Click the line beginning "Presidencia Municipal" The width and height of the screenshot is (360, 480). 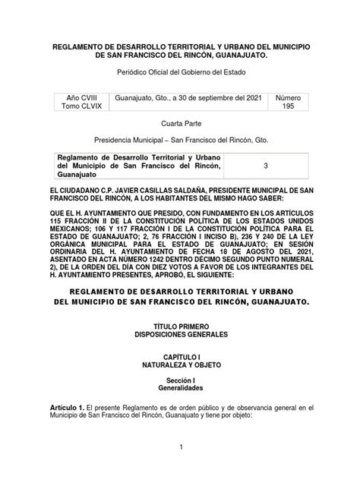point(180,141)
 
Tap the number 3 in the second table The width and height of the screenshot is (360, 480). point(265,166)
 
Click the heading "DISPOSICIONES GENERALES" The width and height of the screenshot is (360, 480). point(180,332)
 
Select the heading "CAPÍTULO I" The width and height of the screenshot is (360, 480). point(180,355)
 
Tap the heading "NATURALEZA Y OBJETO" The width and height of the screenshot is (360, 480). point(180,365)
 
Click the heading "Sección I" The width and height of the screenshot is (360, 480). point(180,380)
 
